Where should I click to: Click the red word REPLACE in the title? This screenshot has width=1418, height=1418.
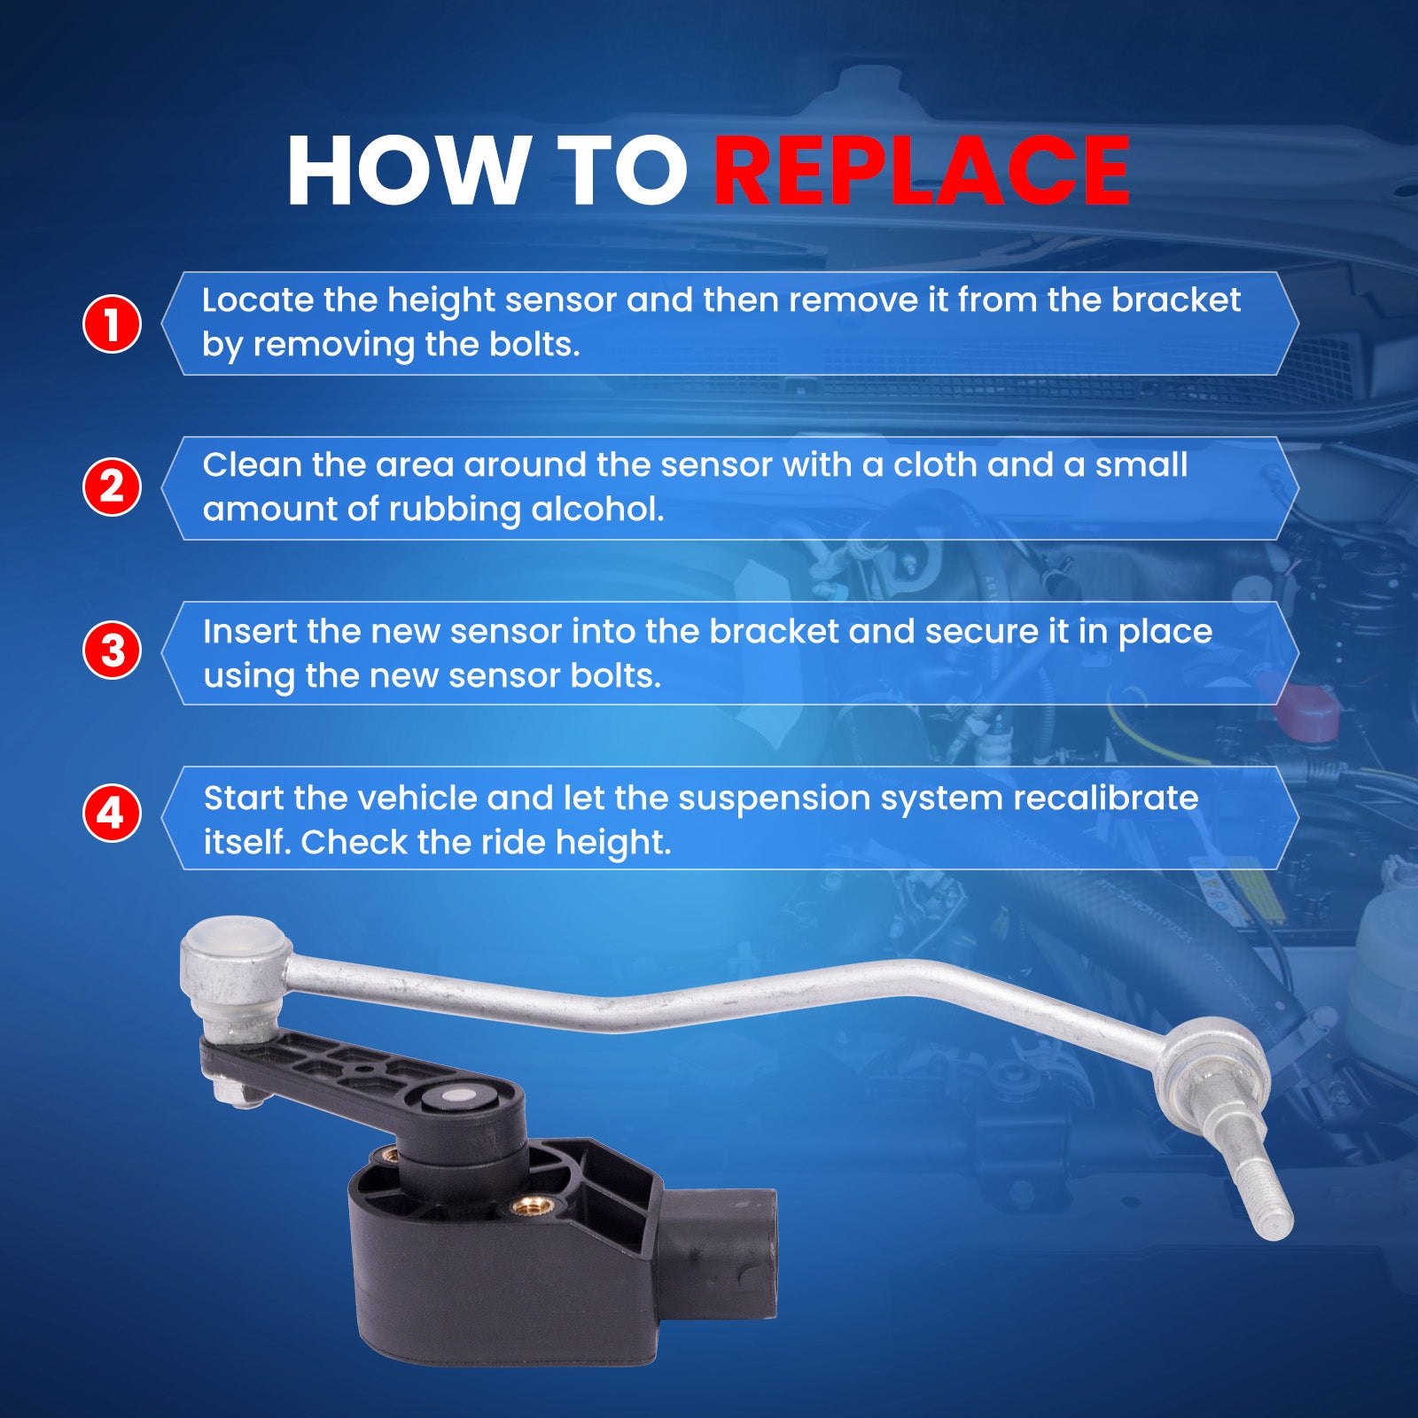pos(922,170)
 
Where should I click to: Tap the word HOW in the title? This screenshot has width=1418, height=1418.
pos(408,170)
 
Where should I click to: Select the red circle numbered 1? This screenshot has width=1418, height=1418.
pos(112,323)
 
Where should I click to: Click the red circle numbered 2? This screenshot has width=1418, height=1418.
pos(112,487)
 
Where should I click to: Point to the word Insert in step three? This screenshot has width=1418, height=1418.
pos(250,632)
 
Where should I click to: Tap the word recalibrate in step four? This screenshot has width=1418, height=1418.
pos(1106,799)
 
